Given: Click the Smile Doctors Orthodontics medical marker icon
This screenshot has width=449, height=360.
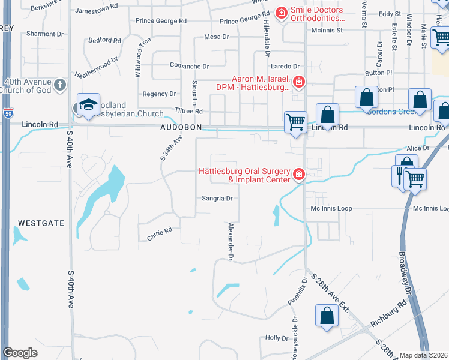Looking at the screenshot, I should [281, 12].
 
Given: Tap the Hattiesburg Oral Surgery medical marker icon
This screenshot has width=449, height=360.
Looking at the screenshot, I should [299, 175].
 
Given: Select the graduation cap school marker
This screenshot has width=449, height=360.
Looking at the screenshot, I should [88, 106].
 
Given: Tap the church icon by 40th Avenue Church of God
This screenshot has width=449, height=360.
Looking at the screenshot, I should [59, 85].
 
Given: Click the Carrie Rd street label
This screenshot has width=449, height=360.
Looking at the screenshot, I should [160, 234].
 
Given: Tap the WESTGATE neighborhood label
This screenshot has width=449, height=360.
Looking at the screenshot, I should [41, 223].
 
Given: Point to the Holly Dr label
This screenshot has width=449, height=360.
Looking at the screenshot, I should [277, 338].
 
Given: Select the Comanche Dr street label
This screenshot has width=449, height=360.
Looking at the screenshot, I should [188, 67].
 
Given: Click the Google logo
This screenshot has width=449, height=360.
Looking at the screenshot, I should [20, 353].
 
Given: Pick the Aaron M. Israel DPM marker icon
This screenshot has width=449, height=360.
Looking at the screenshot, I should [299, 81].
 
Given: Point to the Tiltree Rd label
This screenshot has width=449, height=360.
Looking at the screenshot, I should [189, 112].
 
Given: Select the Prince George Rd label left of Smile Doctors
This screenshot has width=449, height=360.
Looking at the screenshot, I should [161, 21].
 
